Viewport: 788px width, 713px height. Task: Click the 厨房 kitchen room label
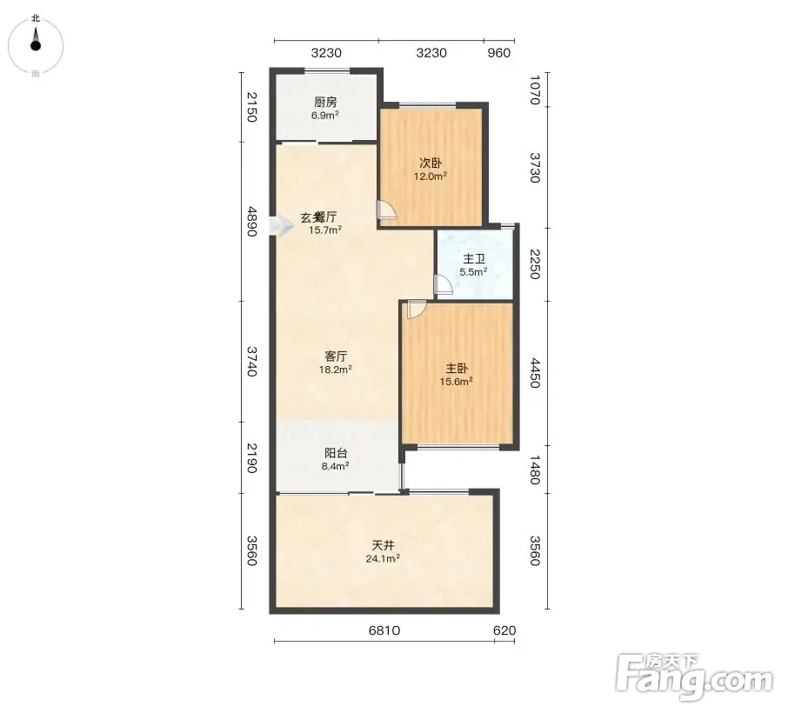pos(325,103)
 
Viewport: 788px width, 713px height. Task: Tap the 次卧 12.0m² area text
pos(431,177)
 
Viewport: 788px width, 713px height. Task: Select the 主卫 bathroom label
pos(474,259)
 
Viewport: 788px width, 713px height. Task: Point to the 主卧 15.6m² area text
pos(457,382)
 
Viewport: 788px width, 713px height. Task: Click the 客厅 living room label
pos(336,356)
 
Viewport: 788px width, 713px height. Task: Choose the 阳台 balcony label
pos(336,453)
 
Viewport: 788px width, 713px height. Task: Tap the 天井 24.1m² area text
pos(383,558)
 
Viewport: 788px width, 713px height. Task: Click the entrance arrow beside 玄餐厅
pos(281,226)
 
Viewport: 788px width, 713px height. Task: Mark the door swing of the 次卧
pos(387,210)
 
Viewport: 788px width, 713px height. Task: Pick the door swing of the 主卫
pos(444,284)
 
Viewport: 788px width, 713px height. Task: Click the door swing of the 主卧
pos(417,310)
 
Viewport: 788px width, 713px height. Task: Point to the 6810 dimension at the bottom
pos(384,630)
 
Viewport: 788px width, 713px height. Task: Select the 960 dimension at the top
pos(499,53)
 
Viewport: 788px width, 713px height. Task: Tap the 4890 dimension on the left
pos(251,222)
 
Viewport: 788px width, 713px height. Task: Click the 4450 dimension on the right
pos(535,373)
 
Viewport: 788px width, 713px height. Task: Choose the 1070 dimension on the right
pos(535,90)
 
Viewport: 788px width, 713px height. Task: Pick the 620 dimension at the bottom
pos(504,630)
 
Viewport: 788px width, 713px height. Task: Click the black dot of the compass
pos(35,46)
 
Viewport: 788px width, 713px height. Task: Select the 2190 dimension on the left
pos(251,457)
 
